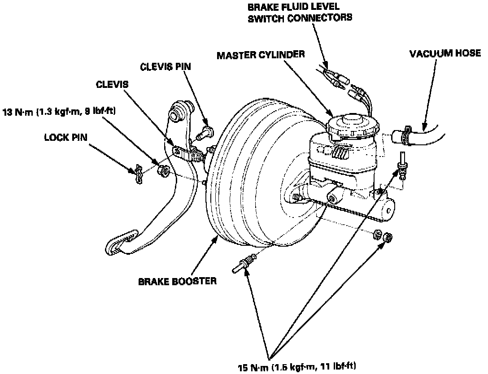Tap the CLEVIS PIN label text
165,67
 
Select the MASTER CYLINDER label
261,55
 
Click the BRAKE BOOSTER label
177,282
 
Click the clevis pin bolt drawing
208,131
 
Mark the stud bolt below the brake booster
244,263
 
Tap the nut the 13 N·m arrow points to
163,171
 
